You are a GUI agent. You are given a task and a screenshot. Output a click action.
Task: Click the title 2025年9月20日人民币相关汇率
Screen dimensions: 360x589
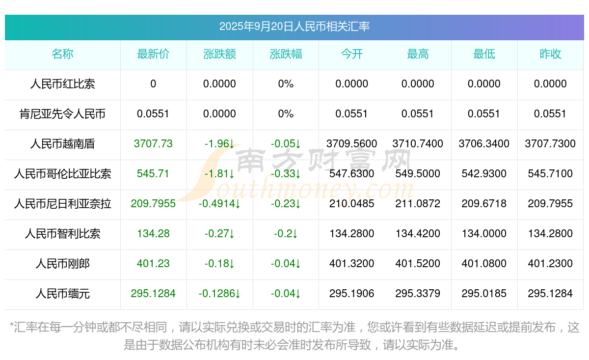click(294, 27)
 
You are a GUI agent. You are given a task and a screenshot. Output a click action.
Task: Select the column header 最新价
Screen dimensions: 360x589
click(153, 55)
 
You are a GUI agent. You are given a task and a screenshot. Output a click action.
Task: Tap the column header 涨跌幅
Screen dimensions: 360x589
click(286, 55)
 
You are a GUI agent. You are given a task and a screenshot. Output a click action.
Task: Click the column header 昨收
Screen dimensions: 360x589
click(550, 55)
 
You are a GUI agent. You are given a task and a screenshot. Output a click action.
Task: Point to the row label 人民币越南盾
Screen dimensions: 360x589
click(62, 144)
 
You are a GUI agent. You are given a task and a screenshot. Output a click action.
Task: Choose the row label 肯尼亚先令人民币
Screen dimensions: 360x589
click(62, 114)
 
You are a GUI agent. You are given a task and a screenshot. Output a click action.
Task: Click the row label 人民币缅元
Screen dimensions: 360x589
click(62, 294)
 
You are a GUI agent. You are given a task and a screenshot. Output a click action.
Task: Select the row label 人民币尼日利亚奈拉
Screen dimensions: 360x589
click(62, 204)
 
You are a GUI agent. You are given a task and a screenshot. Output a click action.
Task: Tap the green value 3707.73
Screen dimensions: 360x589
click(153, 144)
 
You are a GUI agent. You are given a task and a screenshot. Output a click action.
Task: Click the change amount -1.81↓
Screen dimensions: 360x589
click(219, 174)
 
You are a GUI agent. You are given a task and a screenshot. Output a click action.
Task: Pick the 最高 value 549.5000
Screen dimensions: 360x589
click(418, 174)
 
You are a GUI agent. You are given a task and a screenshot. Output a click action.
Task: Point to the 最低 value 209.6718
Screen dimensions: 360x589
click(484, 204)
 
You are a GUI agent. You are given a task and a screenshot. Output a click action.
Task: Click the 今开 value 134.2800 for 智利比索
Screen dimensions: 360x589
click(351, 234)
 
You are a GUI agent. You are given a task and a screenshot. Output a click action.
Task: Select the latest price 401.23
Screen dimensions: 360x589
click(153, 264)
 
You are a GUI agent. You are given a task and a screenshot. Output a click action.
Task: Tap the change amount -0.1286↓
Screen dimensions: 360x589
click(219, 294)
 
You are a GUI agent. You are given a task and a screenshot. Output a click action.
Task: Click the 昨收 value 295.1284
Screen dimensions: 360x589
click(550, 294)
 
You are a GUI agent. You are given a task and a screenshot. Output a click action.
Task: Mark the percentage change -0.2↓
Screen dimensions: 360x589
click(286, 234)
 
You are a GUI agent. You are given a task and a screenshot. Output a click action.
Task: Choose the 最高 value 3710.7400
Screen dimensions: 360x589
click(418, 144)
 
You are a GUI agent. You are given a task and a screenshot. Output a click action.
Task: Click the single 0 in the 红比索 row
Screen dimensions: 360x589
click(153, 84)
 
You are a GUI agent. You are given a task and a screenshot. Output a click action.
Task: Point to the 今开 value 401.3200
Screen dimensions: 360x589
click(351, 264)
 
